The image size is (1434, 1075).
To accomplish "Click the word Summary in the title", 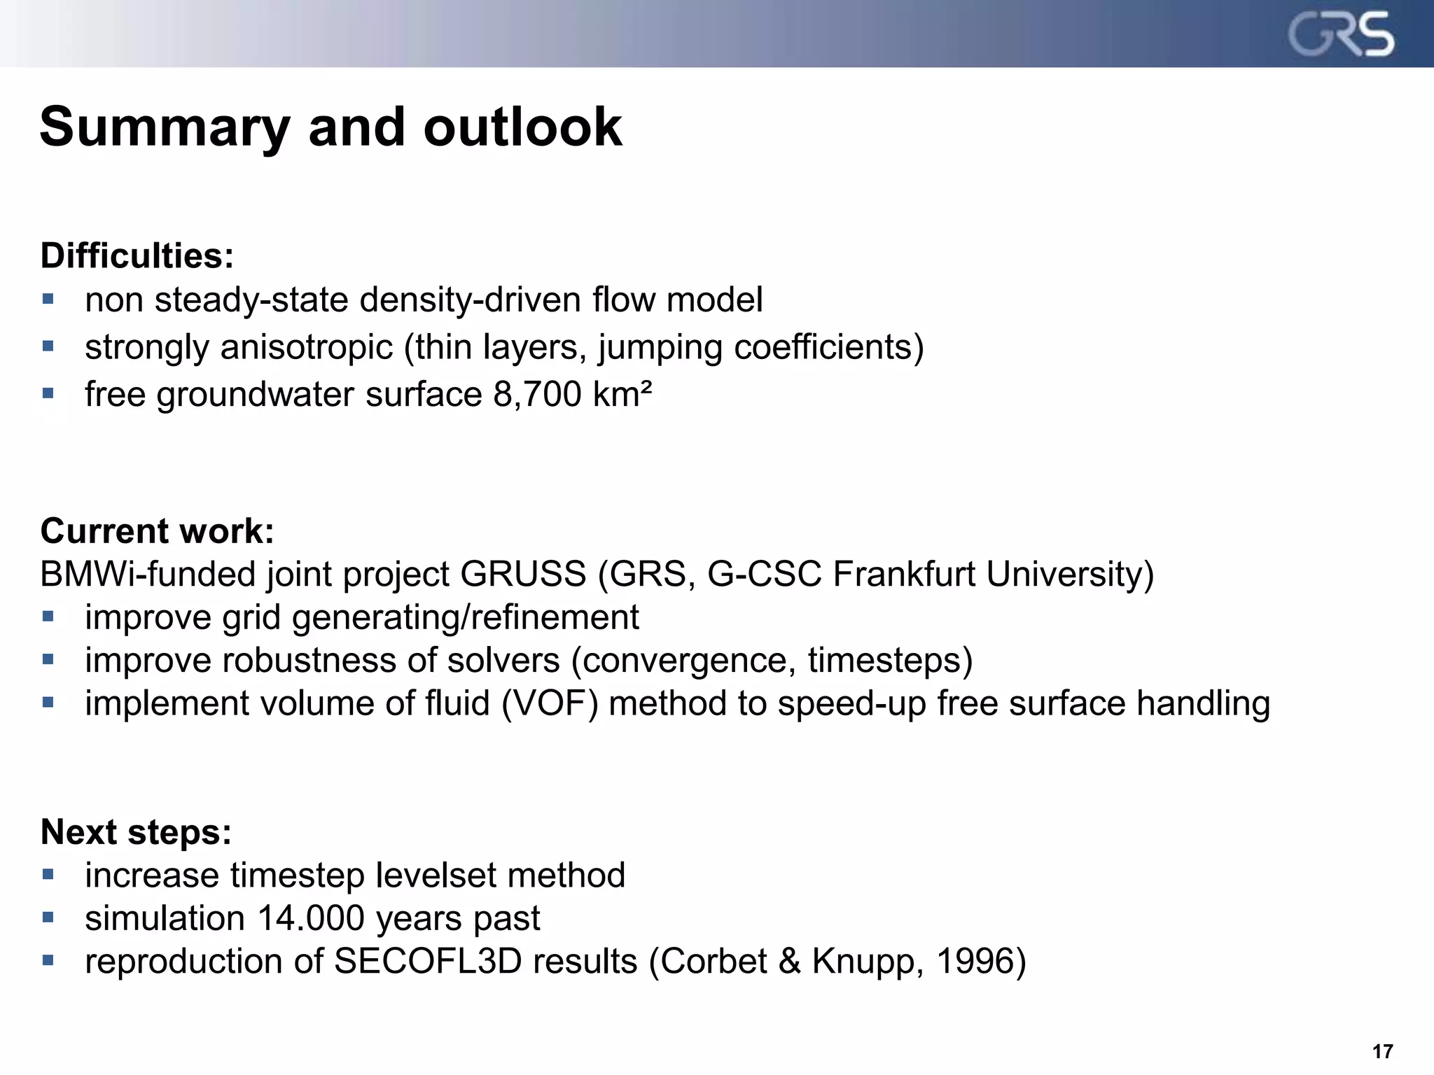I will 165,127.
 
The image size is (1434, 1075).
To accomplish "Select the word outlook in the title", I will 522,127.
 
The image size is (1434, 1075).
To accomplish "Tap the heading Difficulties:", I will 137,255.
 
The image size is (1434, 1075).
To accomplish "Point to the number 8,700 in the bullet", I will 537,394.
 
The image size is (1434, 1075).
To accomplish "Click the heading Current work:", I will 157,531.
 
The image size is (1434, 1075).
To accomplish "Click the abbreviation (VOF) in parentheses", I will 550,703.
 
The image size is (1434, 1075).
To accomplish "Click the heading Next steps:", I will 136,832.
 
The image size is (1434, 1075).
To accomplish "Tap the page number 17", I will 1382,1051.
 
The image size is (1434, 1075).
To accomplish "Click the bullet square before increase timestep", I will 48,874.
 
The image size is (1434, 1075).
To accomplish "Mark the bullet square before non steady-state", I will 48,300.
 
